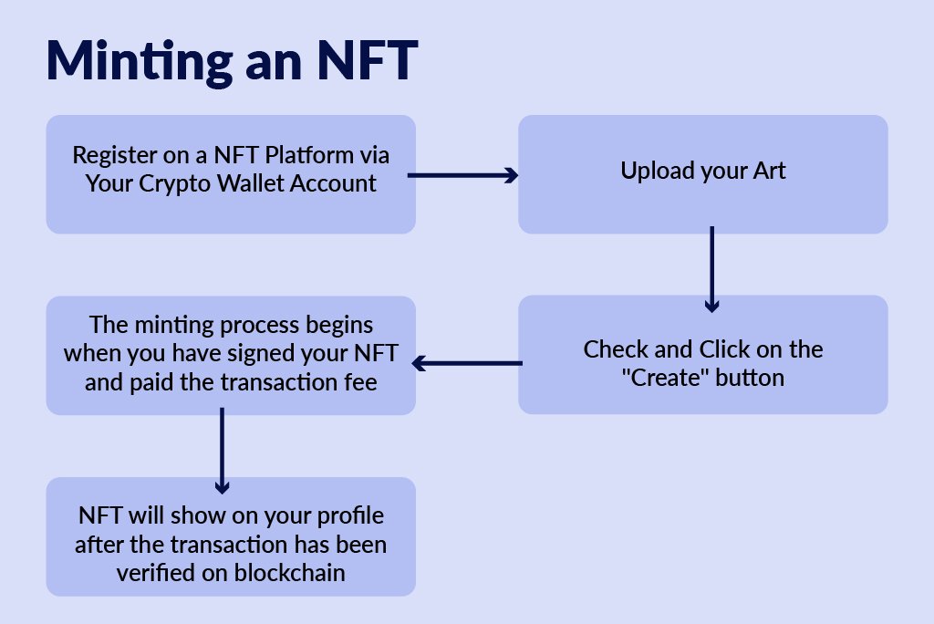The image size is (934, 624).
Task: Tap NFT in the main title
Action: pos(367,60)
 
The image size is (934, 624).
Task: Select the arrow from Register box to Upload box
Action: pos(462,175)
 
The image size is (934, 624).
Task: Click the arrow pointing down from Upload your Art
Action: pos(711,269)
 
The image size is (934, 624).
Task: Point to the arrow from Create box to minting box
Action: pos(467,363)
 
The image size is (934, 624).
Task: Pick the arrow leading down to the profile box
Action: pos(223,452)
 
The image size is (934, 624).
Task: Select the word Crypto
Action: pos(174,185)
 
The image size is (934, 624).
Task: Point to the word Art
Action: pos(770,171)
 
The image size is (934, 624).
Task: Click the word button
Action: pos(750,378)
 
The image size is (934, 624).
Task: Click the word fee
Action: pos(360,382)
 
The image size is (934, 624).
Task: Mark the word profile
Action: pos(350,516)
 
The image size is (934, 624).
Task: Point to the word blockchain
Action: pos(289,573)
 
